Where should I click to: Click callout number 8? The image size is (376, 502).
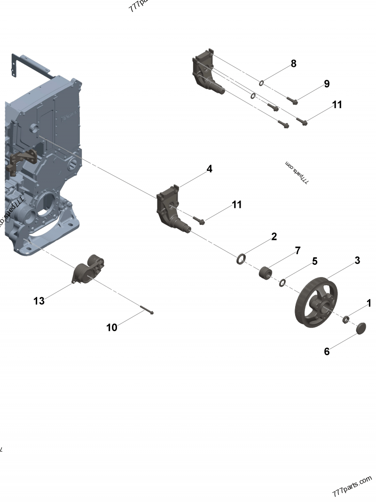point(293,64)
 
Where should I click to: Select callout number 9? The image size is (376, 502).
point(326,84)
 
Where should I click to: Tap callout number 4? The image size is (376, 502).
point(209,169)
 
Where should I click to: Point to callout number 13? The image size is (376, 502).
point(39,301)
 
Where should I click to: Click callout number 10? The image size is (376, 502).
point(112,327)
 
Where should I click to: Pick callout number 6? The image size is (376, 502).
point(327,351)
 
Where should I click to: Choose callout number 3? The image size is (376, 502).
point(357,260)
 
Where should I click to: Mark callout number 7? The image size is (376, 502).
point(298,251)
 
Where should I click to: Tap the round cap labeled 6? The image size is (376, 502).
point(360,328)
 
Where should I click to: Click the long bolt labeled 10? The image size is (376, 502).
point(146,310)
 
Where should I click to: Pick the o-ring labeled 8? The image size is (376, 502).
point(261,83)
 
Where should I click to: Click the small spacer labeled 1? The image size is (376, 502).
point(346,320)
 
